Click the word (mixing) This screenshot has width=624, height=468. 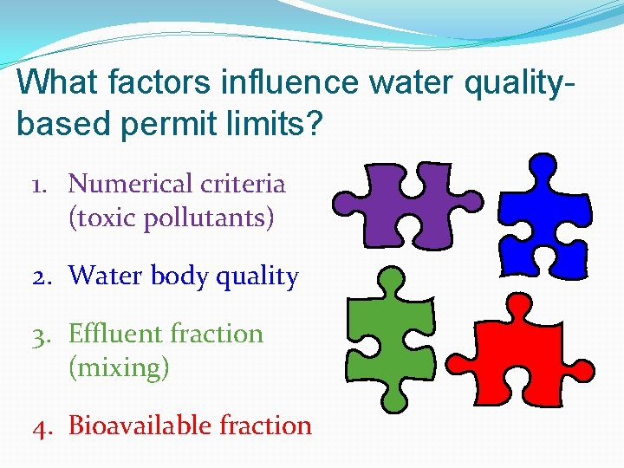coord(119,368)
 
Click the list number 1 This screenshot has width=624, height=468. coord(39,185)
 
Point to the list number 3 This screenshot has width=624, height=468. coord(40,335)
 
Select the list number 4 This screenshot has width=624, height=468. coord(40,426)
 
